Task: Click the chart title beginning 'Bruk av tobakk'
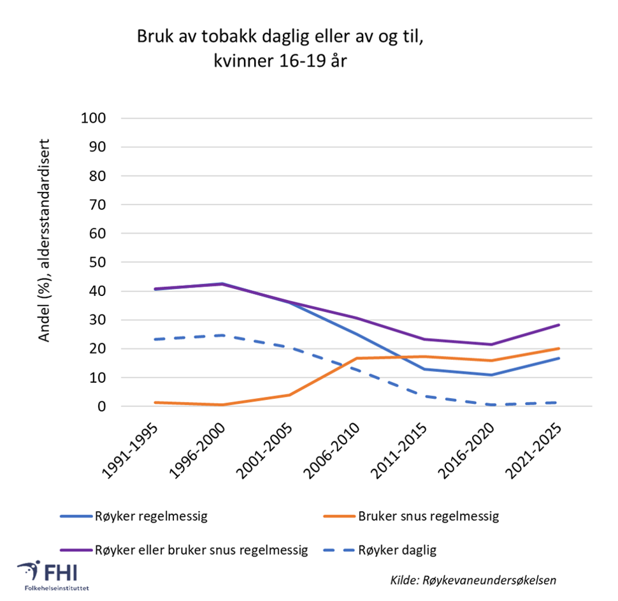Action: click(x=279, y=50)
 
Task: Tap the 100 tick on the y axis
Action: click(x=93, y=119)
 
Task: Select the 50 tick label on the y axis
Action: click(x=97, y=263)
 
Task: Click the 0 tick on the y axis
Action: click(x=101, y=406)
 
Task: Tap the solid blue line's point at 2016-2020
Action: click(x=491, y=375)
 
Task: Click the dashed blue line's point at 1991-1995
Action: click(x=154, y=339)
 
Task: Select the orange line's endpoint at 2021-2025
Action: click(x=559, y=348)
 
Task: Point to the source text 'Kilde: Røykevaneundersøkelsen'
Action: click(x=473, y=581)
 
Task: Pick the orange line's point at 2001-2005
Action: click(x=289, y=395)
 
